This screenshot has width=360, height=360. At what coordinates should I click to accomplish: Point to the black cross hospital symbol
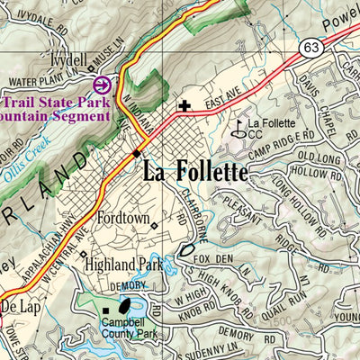184,106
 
